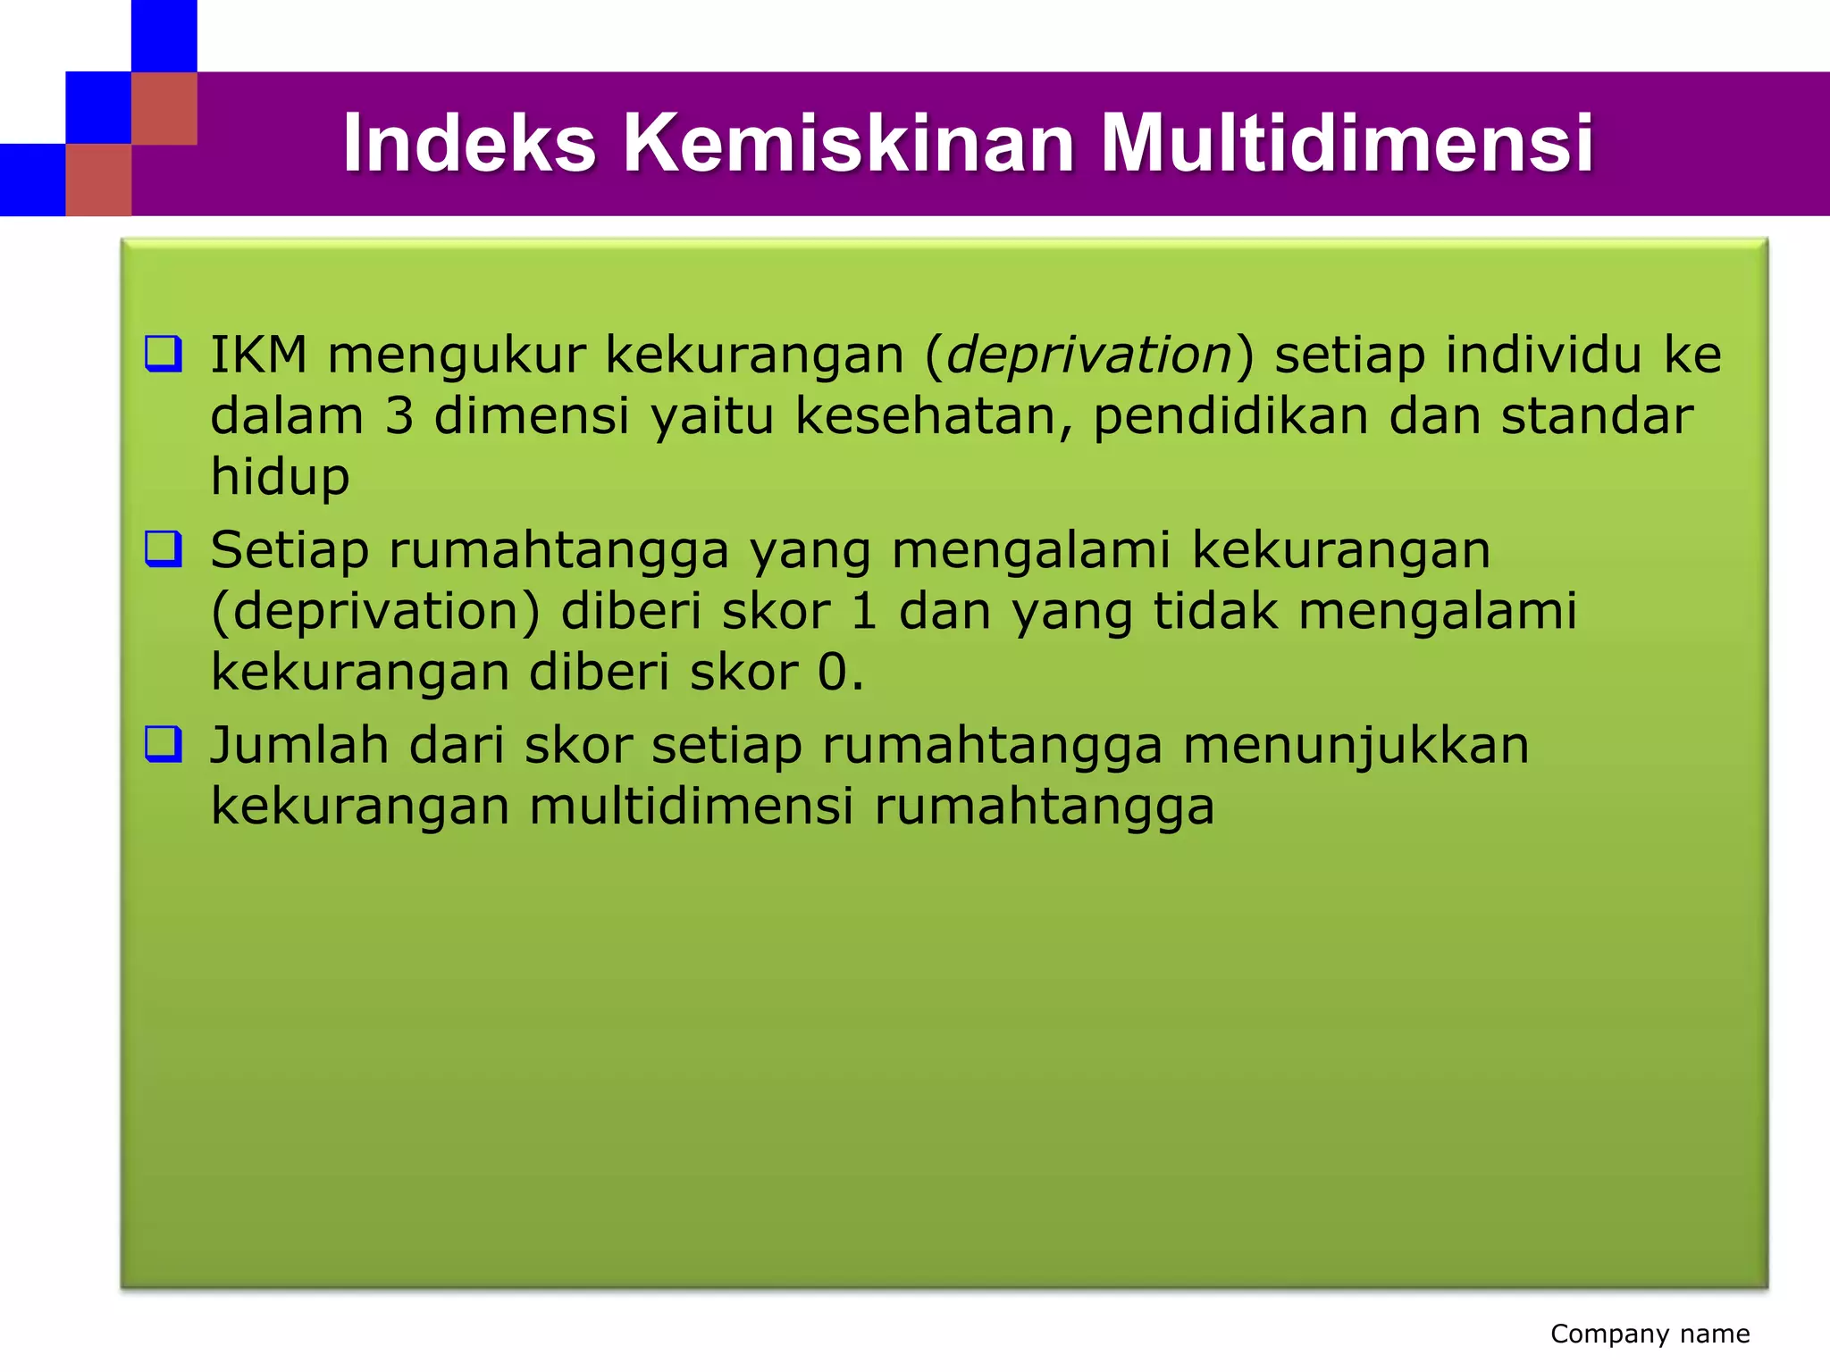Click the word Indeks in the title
(x=469, y=143)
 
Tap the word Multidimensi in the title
(x=1347, y=143)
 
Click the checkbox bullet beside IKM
(x=164, y=354)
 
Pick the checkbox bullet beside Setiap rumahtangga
(x=164, y=549)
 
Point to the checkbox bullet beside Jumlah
(x=164, y=744)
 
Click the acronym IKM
(x=258, y=355)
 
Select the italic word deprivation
(x=1089, y=355)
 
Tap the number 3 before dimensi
(x=399, y=416)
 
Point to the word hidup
(x=280, y=477)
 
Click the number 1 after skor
(x=863, y=612)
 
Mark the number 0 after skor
(x=833, y=673)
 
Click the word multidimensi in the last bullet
(x=691, y=806)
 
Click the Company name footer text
(x=1650, y=1334)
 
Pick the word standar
(x=1597, y=416)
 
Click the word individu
(x=1544, y=355)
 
